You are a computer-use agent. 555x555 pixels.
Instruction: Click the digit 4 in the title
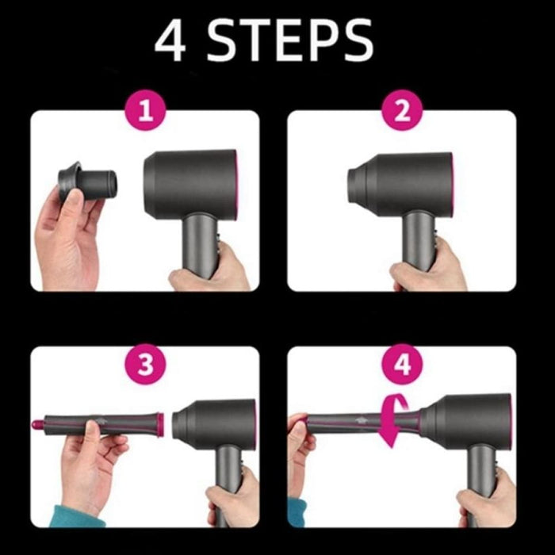click(170, 41)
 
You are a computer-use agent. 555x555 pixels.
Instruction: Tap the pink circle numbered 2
click(402, 112)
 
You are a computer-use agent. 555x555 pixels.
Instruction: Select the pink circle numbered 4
click(402, 366)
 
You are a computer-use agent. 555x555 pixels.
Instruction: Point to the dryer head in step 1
click(190, 181)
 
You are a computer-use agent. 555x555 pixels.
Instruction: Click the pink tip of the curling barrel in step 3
click(36, 425)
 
